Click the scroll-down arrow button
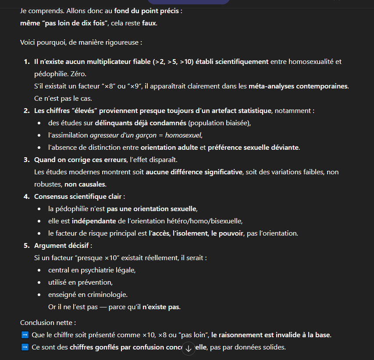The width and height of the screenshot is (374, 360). (x=189, y=349)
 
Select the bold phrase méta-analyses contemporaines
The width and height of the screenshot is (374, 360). (x=298, y=86)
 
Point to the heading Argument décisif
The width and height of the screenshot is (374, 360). (x=63, y=245)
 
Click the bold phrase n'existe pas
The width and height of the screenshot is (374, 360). (x=161, y=307)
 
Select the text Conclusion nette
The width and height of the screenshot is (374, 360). (x=48, y=323)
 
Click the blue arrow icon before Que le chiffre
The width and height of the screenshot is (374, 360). (x=25, y=335)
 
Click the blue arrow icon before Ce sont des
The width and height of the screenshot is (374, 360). (x=25, y=347)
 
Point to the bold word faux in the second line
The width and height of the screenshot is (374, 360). (x=149, y=23)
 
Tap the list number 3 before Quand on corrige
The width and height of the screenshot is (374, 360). (x=26, y=159)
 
